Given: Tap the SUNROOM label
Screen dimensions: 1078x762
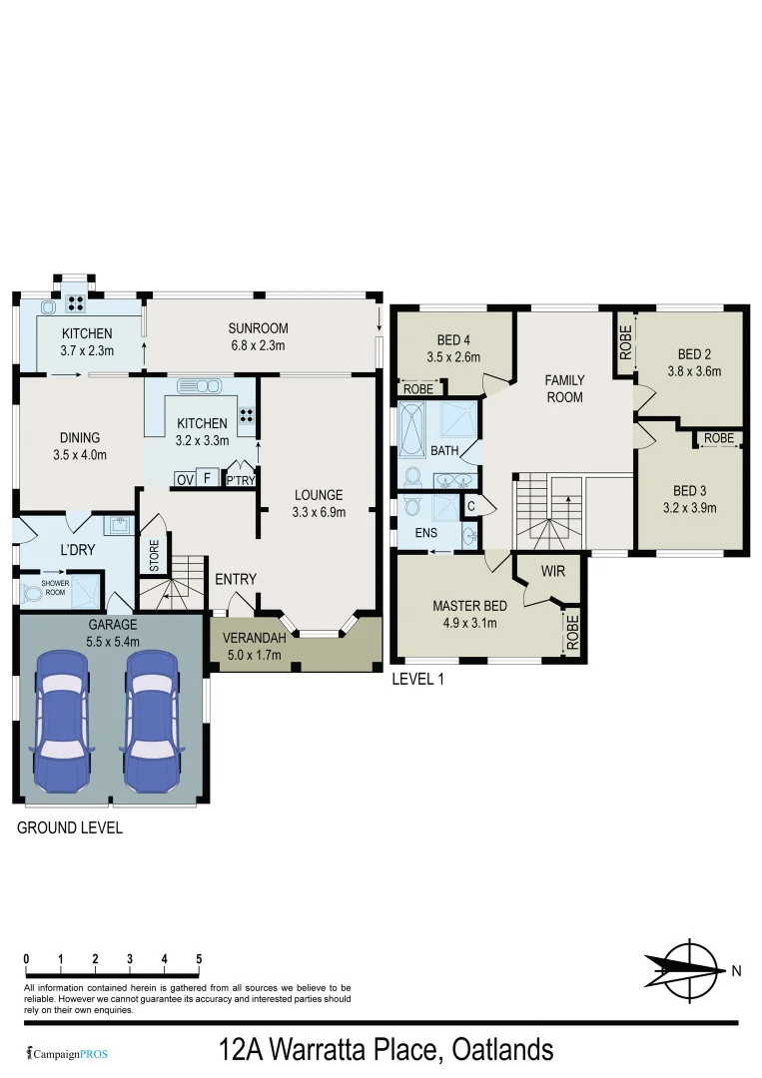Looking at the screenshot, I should pyautogui.click(x=258, y=337).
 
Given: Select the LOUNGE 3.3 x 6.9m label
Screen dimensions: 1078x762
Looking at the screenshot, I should pyautogui.click(x=319, y=503).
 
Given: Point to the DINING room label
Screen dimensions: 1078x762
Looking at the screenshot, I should pyautogui.click(x=80, y=445).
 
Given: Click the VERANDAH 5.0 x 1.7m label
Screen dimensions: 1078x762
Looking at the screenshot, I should pyautogui.click(x=253, y=646).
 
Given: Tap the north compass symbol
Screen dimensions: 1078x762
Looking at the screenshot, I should pyautogui.click(x=691, y=967).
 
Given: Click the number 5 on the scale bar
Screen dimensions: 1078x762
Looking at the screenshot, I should pyautogui.click(x=199, y=959).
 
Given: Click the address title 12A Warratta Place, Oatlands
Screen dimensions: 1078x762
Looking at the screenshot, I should pyautogui.click(x=385, y=1050).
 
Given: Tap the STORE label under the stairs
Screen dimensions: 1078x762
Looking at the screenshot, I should pyautogui.click(x=154, y=556).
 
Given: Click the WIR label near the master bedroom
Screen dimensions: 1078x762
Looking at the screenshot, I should pyautogui.click(x=553, y=572).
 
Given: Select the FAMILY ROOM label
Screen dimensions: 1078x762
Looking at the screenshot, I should pyautogui.click(x=564, y=388).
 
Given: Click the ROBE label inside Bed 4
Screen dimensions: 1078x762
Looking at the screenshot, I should pyautogui.click(x=418, y=389).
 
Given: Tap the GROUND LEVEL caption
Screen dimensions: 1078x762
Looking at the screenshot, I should pyautogui.click(x=69, y=827).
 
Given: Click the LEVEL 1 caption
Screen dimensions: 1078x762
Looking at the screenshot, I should pyautogui.click(x=418, y=679).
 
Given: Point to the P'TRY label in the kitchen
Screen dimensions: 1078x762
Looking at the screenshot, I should pyautogui.click(x=240, y=480).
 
